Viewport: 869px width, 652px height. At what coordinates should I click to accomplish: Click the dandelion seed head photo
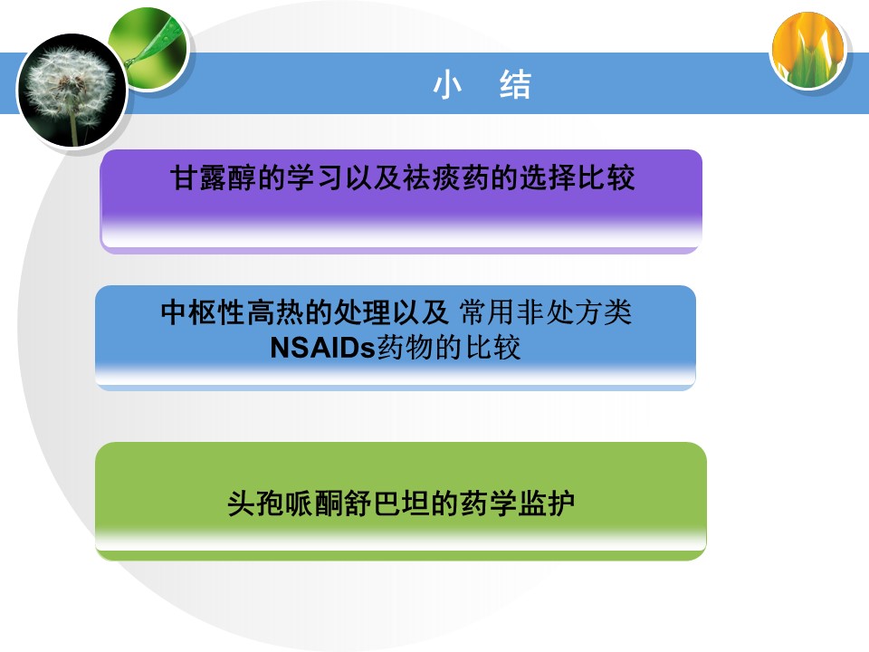(x=72, y=91)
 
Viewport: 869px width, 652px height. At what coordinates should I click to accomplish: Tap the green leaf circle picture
(x=148, y=49)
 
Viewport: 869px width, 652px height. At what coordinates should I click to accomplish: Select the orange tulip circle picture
(x=808, y=50)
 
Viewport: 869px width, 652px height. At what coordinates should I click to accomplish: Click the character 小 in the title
(x=447, y=85)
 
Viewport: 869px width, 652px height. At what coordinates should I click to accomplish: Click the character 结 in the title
(x=515, y=85)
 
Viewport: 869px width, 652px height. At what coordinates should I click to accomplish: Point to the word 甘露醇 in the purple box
(x=214, y=177)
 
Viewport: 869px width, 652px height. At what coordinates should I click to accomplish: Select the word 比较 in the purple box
(x=606, y=177)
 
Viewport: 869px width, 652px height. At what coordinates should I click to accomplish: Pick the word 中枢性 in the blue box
(x=203, y=312)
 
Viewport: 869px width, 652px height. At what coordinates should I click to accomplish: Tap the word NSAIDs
(x=323, y=348)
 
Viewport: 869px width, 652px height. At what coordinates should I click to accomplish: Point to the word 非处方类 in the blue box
(x=574, y=312)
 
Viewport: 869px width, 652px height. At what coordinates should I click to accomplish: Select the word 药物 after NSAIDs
(x=406, y=348)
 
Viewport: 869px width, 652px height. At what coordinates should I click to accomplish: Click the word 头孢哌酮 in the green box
(x=285, y=504)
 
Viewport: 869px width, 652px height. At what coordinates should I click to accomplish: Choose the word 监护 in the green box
(x=546, y=504)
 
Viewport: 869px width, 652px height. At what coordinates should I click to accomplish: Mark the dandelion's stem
(x=73, y=127)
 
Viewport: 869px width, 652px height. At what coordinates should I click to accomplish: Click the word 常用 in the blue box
(x=487, y=312)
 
